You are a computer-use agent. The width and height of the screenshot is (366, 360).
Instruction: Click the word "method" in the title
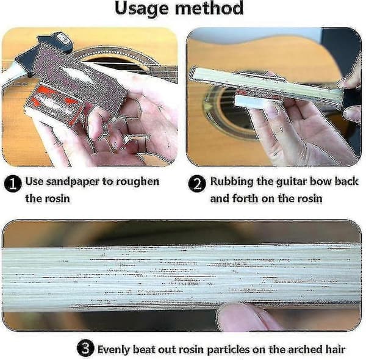209,8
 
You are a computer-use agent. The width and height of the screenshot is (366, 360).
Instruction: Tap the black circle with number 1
13,184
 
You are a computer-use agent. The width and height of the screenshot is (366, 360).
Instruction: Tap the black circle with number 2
197,184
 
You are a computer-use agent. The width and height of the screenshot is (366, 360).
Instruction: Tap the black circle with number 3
85,348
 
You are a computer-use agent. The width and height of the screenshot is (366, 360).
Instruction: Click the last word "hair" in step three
335,350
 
